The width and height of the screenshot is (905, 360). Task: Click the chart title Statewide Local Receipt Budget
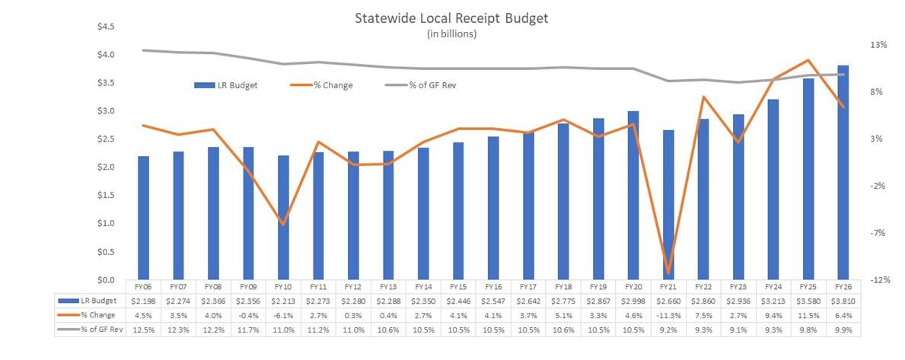[451, 18]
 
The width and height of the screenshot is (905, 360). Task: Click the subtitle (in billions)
[451, 33]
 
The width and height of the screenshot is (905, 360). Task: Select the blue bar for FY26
[843, 172]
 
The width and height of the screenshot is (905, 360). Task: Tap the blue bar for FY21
[668, 204]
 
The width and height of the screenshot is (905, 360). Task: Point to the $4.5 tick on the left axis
[105, 27]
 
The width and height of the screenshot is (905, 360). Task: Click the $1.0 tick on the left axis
[105, 224]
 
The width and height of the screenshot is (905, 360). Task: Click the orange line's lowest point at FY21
[668, 272]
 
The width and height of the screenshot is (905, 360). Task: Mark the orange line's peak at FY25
[808, 60]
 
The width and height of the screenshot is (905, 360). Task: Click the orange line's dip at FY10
[283, 225]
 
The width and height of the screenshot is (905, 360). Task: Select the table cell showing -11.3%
[668, 315]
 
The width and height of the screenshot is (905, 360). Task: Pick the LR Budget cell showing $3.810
[843, 301]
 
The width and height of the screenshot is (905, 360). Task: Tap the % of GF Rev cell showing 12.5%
[143, 329]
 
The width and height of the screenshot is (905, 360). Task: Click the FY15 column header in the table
[458, 288]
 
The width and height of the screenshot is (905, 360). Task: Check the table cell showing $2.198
[143, 301]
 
